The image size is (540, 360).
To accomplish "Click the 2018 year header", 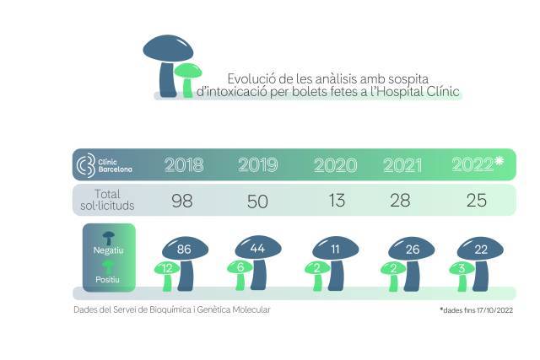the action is pos(184,165).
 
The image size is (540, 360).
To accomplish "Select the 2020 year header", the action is pos(335,165).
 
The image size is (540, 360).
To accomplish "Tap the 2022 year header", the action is pos(478,164).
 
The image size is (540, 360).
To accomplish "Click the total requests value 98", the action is pos(182,201).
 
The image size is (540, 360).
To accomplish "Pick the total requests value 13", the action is pos(337,201).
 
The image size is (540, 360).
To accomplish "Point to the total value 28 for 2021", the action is pos(400,201).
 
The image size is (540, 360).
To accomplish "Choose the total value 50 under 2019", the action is pos(257,201).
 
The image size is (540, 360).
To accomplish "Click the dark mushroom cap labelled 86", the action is pos(186,249).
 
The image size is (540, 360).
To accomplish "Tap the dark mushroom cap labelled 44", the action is pos(258,248).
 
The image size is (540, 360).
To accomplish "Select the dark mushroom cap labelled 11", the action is pos(336,248).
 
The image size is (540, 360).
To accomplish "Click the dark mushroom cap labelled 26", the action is pos(412,249).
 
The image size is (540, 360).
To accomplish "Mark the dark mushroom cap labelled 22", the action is pos(480,249).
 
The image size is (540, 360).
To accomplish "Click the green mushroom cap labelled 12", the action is pos(167,268).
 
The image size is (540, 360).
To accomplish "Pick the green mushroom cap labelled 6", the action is pos(240,267).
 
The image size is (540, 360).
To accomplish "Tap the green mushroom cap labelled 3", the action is pos(462,268).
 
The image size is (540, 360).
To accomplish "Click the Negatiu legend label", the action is pos(109,250).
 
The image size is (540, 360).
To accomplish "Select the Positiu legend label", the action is pos(107,279).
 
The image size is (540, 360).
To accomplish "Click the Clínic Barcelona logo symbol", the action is pos(85,165).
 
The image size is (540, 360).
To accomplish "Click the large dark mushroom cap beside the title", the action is pos(168,49).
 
